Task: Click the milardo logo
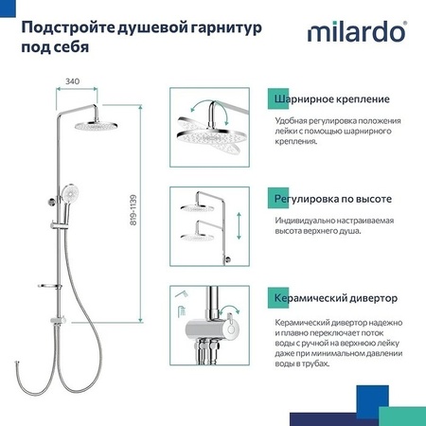[357, 33]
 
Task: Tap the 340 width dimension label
[73, 81]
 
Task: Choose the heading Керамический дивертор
[332, 298]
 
